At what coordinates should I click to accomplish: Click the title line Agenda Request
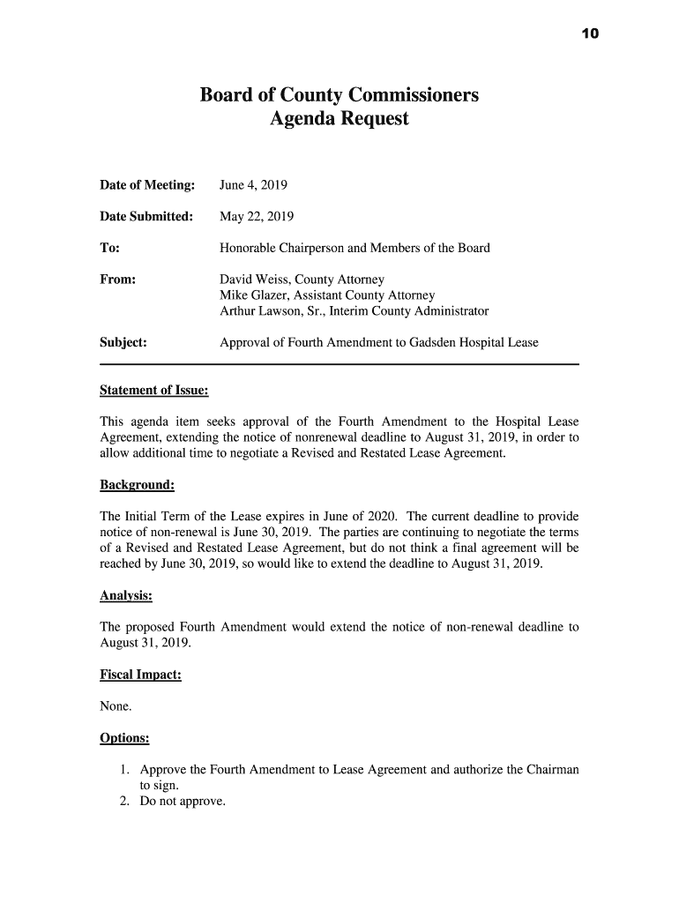click(x=339, y=118)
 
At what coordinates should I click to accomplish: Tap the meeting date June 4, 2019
click(x=253, y=185)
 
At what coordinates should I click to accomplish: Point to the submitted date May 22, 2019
click(x=257, y=217)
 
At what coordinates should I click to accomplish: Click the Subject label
click(x=123, y=342)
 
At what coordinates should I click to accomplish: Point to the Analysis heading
click(x=126, y=596)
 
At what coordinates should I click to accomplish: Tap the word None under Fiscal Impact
click(x=116, y=706)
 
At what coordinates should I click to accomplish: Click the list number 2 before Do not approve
click(x=125, y=802)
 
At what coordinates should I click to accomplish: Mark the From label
click(x=118, y=280)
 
